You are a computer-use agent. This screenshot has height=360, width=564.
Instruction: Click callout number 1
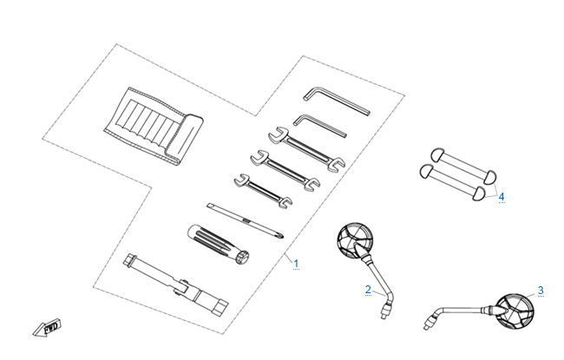pyautogui.click(x=296, y=264)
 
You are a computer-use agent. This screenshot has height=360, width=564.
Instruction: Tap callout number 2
pyautogui.click(x=368, y=290)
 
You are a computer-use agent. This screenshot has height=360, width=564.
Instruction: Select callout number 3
pyautogui.click(x=541, y=291)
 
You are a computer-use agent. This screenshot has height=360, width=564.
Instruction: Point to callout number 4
pyautogui.click(x=502, y=197)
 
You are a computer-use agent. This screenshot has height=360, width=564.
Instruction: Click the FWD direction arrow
pyautogui.click(x=47, y=327)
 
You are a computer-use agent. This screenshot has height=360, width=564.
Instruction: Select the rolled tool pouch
pyautogui.click(x=154, y=127)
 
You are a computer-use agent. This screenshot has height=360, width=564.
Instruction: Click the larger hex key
pyautogui.click(x=337, y=101)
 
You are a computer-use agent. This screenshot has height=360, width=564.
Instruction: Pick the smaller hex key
pyautogui.click(x=320, y=126)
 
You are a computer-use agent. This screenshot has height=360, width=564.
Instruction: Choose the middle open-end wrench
pyautogui.click(x=285, y=170)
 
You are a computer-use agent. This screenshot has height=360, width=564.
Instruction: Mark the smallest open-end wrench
pyautogui.click(x=263, y=191)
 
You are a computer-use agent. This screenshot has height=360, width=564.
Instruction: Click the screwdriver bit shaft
pyautogui.click(x=245, y=220)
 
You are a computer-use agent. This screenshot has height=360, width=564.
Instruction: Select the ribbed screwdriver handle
pyautogui.click(x=219, y=245)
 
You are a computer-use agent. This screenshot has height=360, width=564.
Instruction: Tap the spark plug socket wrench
pyautogui.click(x=175, y=285)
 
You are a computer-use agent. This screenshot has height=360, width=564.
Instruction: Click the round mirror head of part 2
pyautogui.click(x=355, y=240)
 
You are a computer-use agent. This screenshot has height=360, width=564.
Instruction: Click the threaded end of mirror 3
pyautogui.click(x=428, y=322)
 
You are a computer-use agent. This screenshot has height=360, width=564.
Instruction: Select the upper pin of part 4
pyautogui.click(x=464, y=166)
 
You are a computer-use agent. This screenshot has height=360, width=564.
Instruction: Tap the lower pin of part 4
pyautogui.click(x=453, y=182)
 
